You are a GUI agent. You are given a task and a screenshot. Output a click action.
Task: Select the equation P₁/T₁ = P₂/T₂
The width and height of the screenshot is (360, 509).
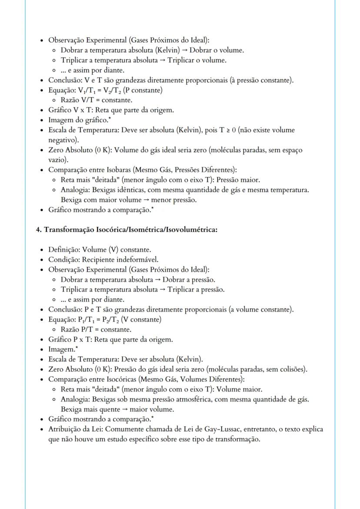[x=99, y=319]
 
